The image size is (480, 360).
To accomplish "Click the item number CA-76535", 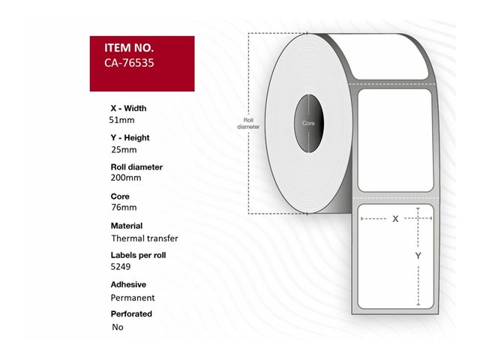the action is click(129, 63).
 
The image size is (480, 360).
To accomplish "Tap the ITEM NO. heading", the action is click(129, 48).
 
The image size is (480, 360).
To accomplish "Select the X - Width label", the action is click(128, 108).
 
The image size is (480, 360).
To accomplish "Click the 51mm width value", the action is click(121, 120).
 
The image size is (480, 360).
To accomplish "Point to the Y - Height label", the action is click(130, 138).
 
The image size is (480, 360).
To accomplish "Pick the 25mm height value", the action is click(124, 150).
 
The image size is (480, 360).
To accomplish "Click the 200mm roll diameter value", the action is click(126, 178).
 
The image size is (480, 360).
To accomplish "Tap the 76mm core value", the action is click(124, 207).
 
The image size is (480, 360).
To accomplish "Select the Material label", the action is click(127, 226).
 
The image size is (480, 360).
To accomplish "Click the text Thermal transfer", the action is click(145, 238).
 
